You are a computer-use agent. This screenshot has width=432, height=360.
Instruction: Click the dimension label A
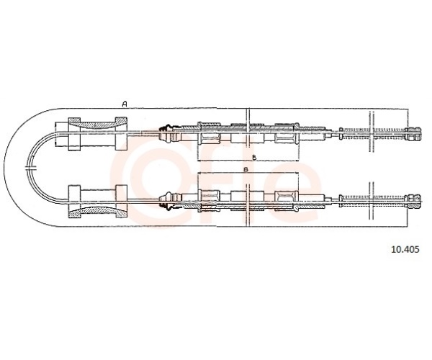[x=125, y=104]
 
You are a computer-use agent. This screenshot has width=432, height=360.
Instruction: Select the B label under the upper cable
[x=254, y=158]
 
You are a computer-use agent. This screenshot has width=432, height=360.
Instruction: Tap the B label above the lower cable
[x=246, y=169]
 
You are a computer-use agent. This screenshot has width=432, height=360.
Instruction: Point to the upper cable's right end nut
[x=413, y=134]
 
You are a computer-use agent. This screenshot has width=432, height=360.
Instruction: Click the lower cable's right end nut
[x=413, y=202]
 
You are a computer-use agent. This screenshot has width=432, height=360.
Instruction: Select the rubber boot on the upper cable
[x=166, y=133]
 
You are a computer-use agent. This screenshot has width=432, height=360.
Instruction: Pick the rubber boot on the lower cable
[x=166, y=202]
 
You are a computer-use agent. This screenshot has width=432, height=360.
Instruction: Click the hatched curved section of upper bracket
[x=97, y=124]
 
